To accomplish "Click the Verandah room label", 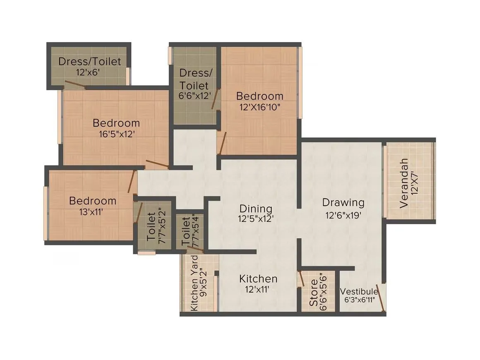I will point(404,183).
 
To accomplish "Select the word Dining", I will point(256,209).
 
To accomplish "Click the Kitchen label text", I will point(258,278).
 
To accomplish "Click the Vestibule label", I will point(359,291).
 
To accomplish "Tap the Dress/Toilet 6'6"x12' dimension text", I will point(193,95).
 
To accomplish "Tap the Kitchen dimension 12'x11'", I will point(258,290).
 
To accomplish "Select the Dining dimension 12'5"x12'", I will point(256,219).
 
